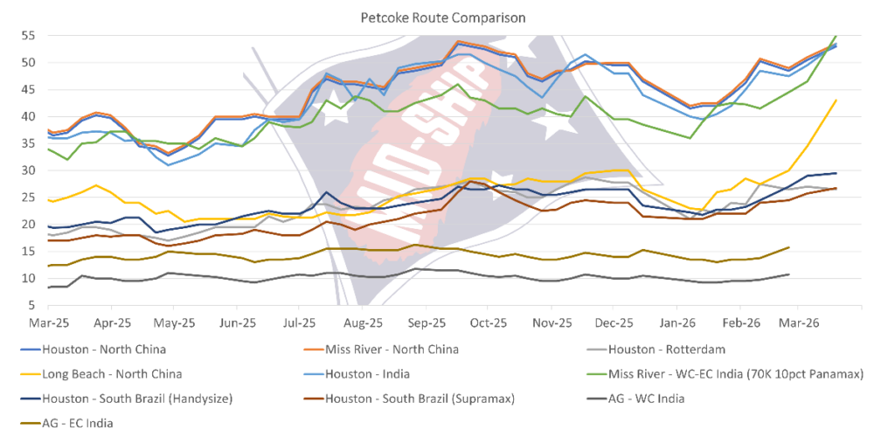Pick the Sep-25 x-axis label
(x=426, y=322)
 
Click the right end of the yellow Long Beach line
(x=837, y=100)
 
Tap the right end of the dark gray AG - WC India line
(x=790, y=274)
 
